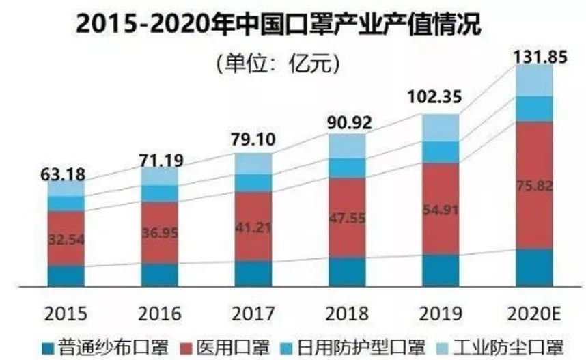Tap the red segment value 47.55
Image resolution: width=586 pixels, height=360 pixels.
(x=347, y=221)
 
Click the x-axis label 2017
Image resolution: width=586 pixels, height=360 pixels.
(x=253, y=314)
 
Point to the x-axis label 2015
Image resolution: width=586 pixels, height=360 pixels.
(x=66, y=314)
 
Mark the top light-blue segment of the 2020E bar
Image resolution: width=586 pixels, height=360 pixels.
(x=534, y=81)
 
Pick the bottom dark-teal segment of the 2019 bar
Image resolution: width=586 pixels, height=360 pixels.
(x=441, y=270)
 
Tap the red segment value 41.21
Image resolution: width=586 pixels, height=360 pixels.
(x=253, y=227)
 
